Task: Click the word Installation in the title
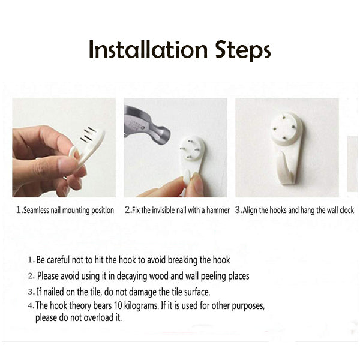click(148, 50)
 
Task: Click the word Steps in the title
click(243, 51)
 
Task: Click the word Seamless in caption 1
click(36, 210)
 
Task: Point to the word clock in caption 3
click(347, 210)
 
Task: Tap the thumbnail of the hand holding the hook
click(64, 148)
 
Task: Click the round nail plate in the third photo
click(287, 129)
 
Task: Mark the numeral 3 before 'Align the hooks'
click(238, 210)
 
